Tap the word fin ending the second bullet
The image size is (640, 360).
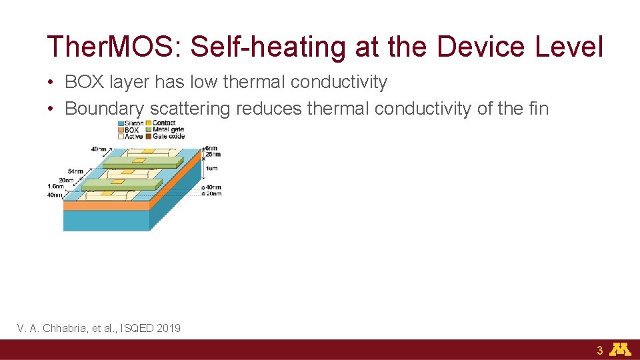[537, 108]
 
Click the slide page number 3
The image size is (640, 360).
[599, 351]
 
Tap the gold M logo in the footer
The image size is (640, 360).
[620, 349]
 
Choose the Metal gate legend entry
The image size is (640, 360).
[168, 130]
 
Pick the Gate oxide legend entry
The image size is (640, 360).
[168, 137]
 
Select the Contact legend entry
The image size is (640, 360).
[164, 123]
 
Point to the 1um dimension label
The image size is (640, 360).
[211, 169]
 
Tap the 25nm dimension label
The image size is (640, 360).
[213, 155]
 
